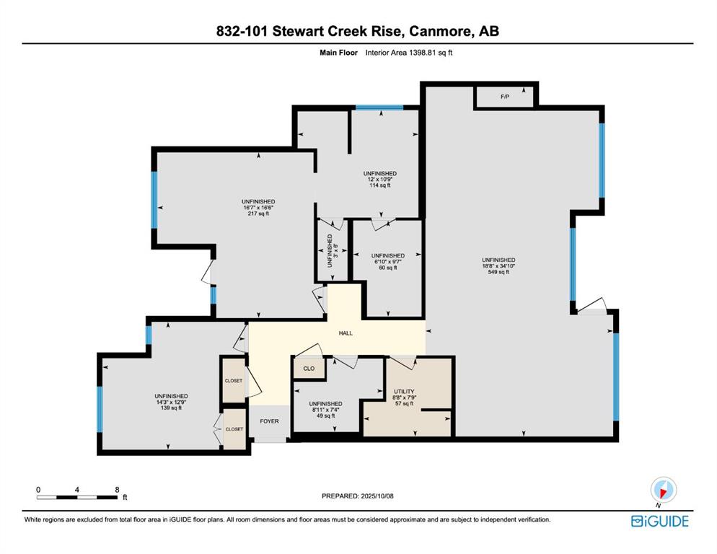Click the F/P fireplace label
point(505,96)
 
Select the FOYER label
point(269,421)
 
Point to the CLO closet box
point(307,368)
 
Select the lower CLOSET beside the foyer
point(234,428)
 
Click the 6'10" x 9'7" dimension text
point(387,261)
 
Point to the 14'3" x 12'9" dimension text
point(171,403)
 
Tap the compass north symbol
point(662,491)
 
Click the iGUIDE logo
point(659,521)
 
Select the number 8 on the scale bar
point(117,488)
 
